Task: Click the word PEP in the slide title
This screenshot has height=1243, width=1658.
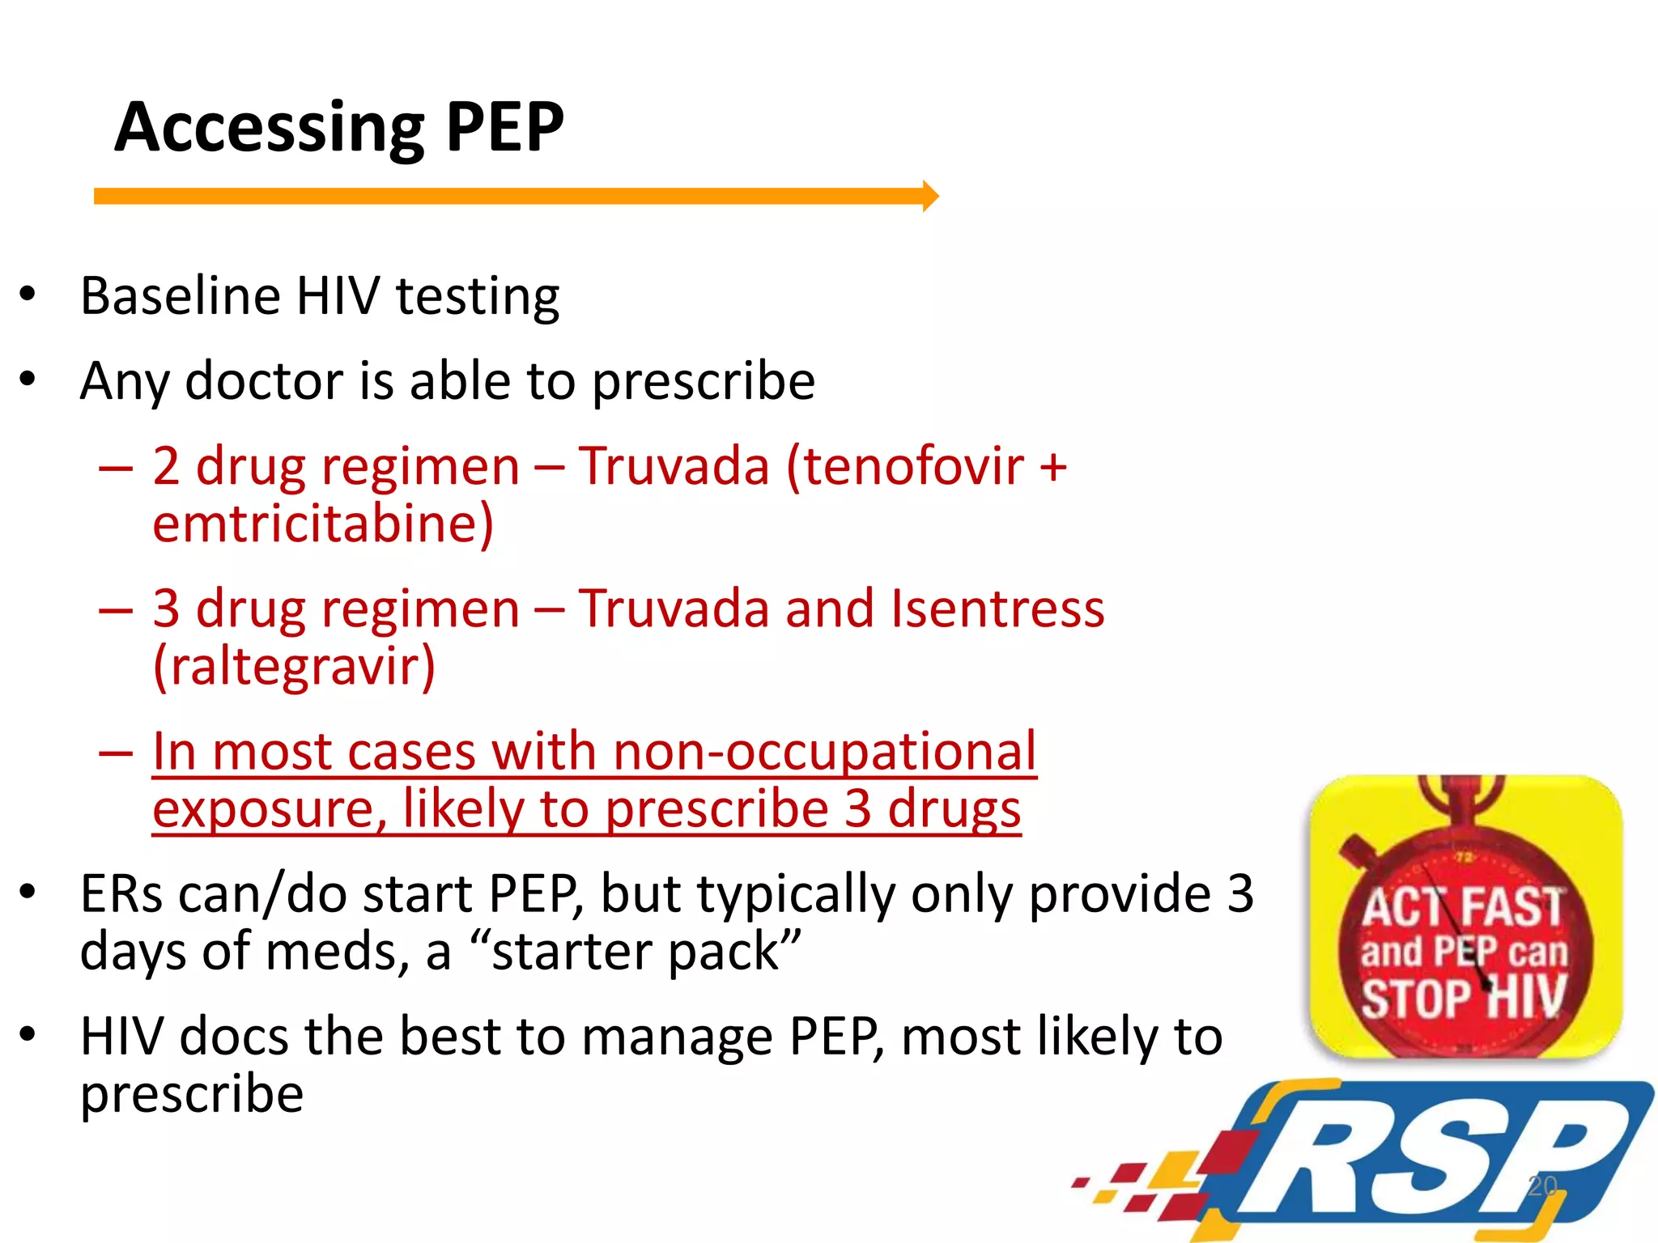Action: point(504,127)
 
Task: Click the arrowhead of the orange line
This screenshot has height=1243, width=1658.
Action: point(930,196)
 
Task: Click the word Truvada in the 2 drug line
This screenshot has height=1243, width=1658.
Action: point(674,467)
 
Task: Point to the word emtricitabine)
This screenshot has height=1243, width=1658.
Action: point(323,524)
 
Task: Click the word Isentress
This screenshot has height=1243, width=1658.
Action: point(997,609)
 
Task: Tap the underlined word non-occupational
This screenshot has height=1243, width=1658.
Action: point(824,752)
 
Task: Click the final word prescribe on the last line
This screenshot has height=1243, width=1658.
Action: point(192,1094)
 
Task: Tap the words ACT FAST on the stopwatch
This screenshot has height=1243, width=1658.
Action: point(1462,906)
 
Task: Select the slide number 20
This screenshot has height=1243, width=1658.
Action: point(1542,1186)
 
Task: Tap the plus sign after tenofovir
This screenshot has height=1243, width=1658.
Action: point(1053,468)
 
